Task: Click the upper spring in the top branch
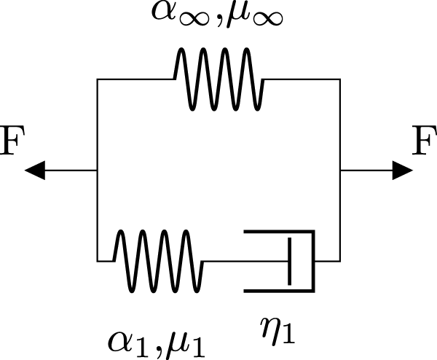click(219, 78)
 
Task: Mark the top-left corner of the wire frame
click(97, 79)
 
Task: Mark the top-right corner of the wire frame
click(340, 79)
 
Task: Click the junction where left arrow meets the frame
click(97, 171)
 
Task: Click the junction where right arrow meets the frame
click(340, 171)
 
